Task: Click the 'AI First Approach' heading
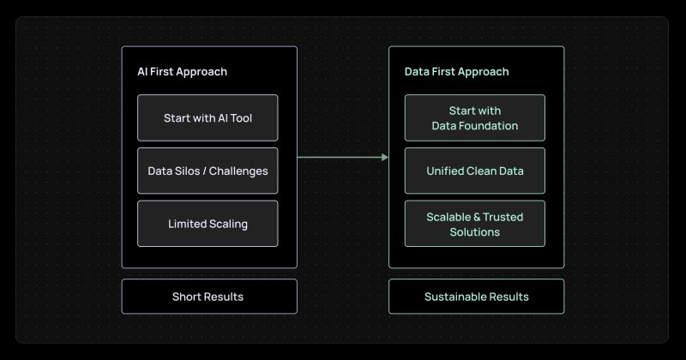[182, 72]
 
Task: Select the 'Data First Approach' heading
[456, 72]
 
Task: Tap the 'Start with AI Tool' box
[208, 117]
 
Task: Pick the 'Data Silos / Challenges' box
[208, 171]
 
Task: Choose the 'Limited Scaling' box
[208, 224]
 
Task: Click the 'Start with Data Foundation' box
[475, 117]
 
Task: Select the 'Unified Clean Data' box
[475, 171]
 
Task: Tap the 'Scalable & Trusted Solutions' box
[475, 224]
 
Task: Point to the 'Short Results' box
[209, 296]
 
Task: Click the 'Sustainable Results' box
[477, 296]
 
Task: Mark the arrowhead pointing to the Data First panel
[385, 157]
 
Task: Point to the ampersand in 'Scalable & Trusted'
[477, 217]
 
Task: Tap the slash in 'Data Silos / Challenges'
[204, 171]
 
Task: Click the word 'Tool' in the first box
[242, 118]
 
